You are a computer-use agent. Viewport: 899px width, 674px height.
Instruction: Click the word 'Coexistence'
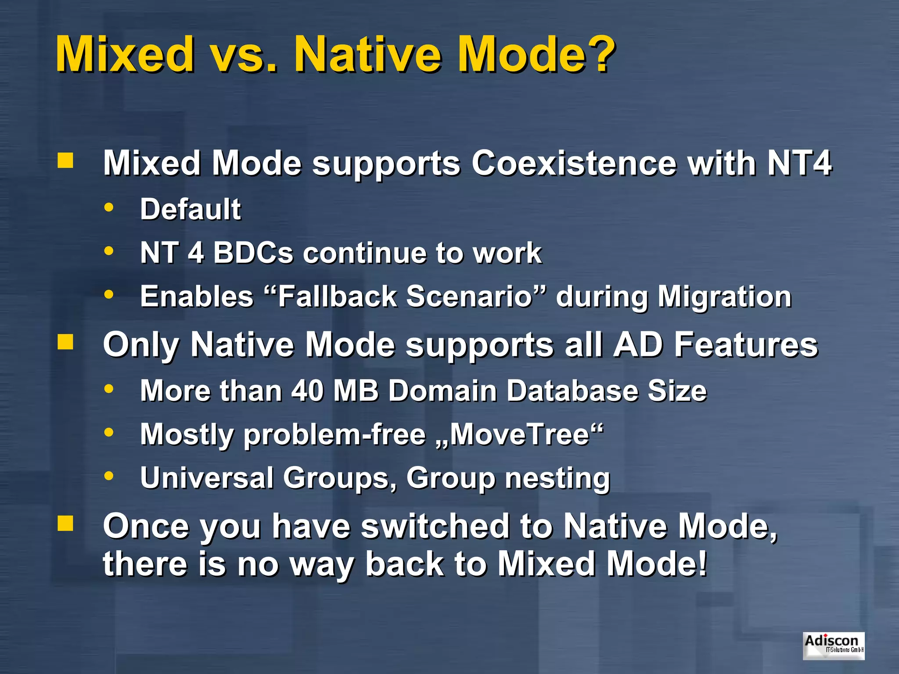coord(574,163)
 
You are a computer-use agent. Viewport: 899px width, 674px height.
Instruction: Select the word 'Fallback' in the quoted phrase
coord(337,296)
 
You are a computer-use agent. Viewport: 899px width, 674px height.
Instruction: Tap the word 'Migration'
coord(724,297)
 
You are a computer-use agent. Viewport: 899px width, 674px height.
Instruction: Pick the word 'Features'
coord(746,344)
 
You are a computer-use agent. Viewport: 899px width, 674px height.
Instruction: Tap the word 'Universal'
coord(207,477)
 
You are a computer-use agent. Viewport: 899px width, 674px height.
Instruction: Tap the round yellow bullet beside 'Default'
coord(109,207)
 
